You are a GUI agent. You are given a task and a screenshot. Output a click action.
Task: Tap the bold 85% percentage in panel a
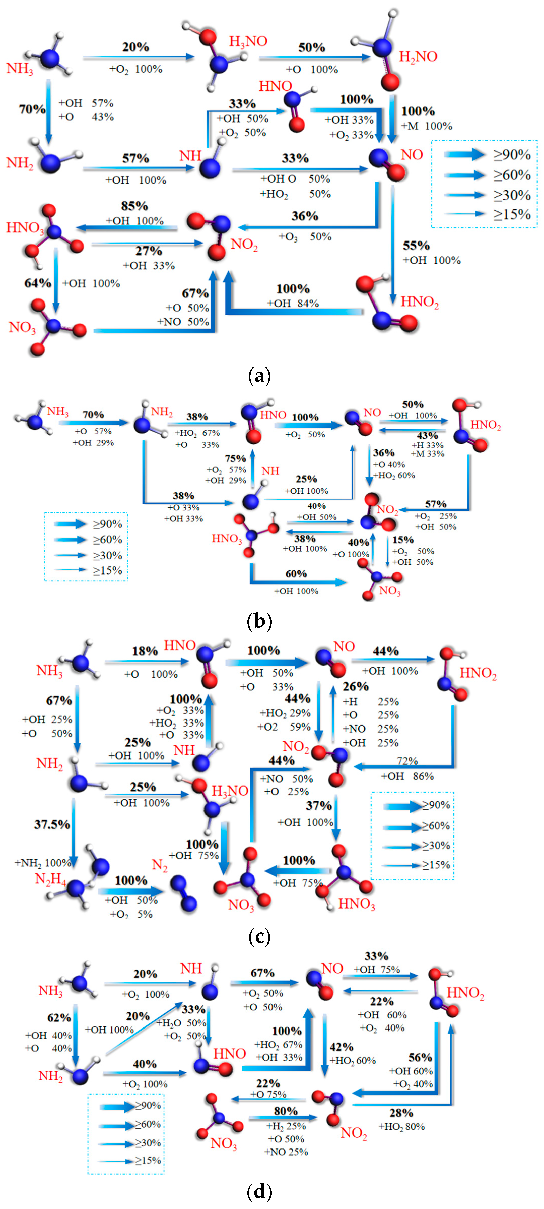click(134, 206)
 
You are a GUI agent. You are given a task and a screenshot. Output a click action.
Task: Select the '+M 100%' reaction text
click(427, 126)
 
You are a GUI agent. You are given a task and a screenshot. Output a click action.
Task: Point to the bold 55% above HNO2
click(416, 246)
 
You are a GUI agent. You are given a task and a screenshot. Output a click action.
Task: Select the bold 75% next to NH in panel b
click(235, 458)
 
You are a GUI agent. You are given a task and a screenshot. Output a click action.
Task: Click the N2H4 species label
click(50, 879)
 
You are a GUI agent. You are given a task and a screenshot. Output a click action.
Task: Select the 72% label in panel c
click(407, 760)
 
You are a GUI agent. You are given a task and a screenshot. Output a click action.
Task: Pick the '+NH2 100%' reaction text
click(42, 863)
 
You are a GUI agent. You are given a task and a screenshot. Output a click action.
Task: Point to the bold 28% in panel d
click(401, 1113)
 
